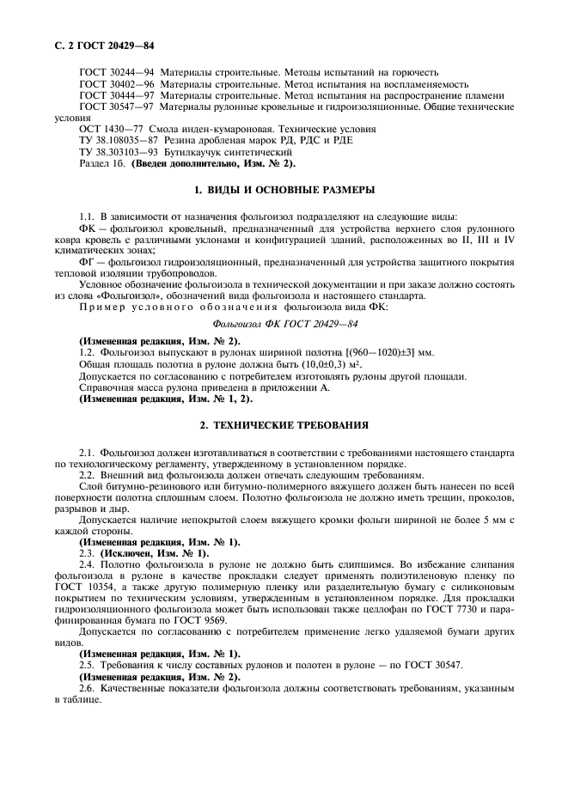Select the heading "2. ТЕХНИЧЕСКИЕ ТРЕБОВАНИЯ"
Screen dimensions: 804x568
pos(284,424)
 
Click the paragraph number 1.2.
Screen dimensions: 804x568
pos(87,353)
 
